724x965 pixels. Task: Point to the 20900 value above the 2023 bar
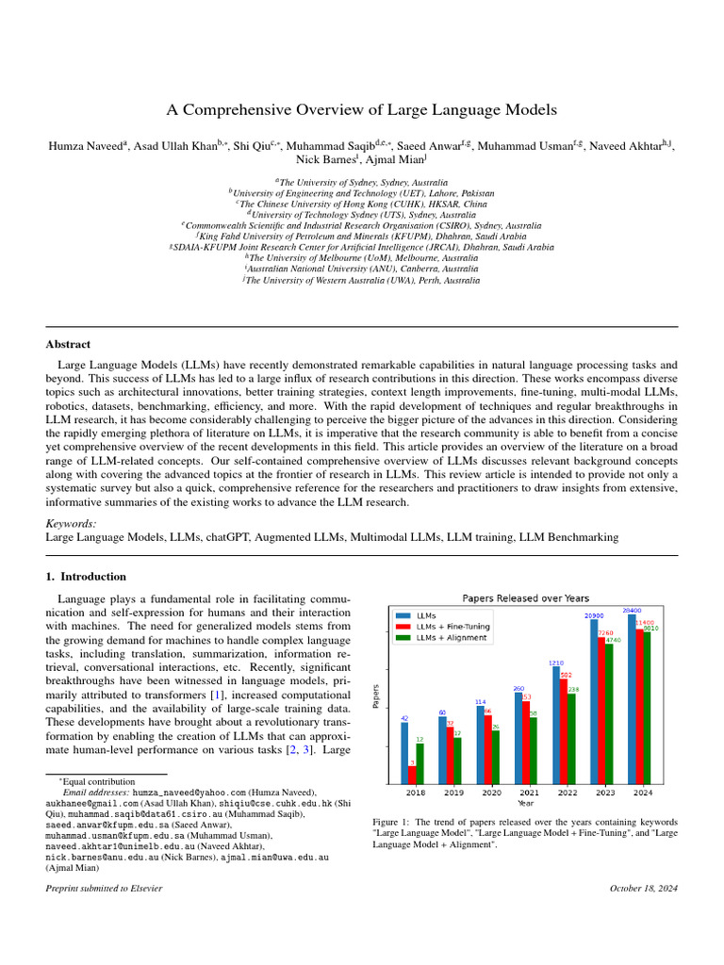click(594, 615)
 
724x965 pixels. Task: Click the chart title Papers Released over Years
click(525, 597)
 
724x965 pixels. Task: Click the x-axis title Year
click(525, 804)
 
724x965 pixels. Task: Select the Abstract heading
click(69, 345)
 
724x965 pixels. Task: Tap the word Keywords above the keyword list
click(71, 522)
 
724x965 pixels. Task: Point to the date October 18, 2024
click(643, 888)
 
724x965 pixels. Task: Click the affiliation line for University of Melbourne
click(362, 256)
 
